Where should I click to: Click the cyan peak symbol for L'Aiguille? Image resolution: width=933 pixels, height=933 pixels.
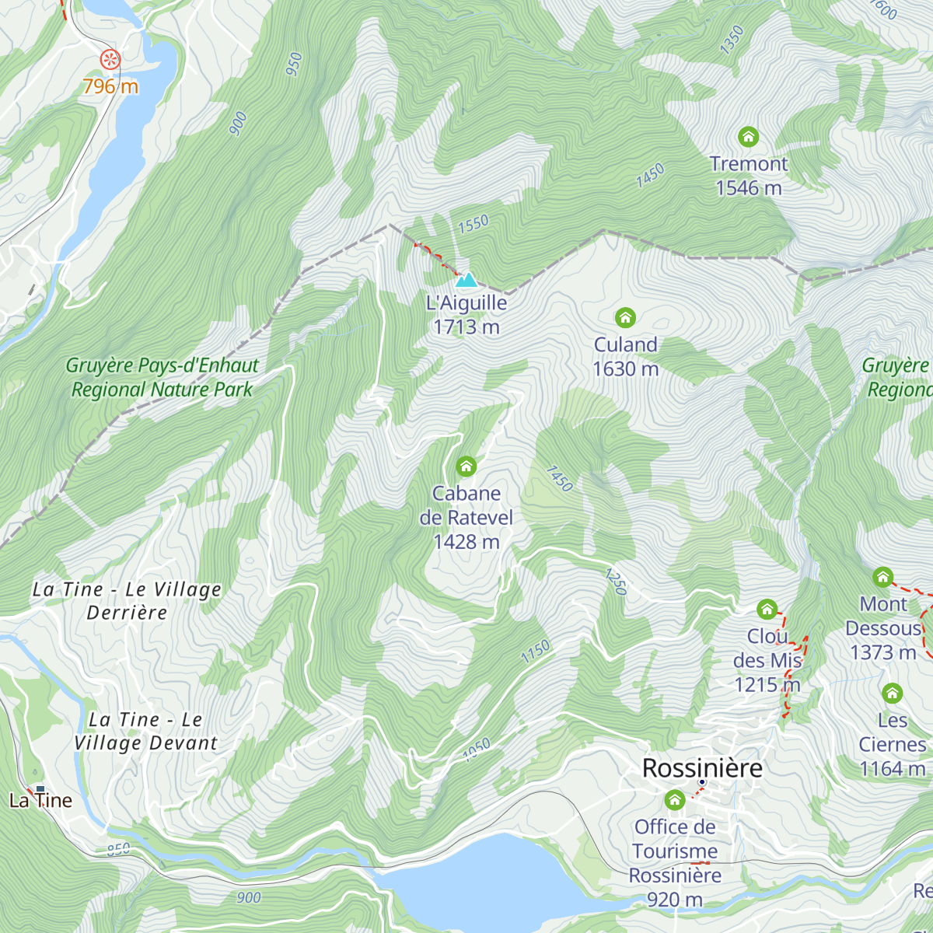466,280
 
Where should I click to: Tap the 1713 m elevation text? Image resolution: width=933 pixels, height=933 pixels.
466,327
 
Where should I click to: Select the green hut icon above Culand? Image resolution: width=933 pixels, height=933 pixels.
625,317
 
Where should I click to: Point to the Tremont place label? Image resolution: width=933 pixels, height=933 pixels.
749,164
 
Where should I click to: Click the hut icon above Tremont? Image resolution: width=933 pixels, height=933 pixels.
748,138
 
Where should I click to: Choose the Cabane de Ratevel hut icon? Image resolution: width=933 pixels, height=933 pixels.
466,466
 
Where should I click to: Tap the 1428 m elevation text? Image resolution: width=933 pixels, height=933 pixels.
466,542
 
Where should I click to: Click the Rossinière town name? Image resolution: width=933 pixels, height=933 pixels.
702,768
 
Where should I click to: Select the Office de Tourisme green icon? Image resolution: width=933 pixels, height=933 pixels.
675,799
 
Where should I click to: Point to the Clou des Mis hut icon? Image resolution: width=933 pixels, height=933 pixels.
767,609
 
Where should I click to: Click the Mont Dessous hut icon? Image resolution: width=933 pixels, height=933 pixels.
882,577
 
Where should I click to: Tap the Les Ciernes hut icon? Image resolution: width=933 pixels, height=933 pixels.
892,693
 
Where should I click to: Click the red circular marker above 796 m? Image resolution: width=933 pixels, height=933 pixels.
110,58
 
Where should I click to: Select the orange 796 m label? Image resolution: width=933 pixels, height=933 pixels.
110,86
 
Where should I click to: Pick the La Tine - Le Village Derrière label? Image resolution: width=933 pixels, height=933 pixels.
128,601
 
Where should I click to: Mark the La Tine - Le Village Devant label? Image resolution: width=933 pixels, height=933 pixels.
145,732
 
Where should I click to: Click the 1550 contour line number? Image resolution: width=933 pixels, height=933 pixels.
473,224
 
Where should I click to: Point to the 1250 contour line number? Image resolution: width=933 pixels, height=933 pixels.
615,582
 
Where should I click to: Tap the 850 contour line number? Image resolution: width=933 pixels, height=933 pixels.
118,849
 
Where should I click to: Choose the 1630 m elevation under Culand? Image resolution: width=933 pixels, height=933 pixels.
625,369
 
